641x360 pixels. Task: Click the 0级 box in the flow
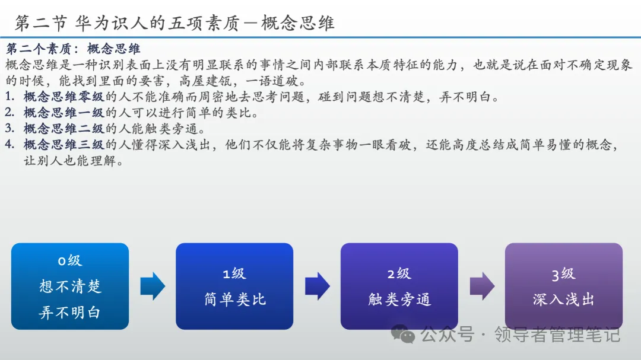(70, 286)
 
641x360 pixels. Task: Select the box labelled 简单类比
(234, 286)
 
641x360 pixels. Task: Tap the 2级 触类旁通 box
(399, 286)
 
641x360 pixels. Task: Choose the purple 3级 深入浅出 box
(563, 286)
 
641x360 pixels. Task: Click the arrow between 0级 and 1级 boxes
(153, 286)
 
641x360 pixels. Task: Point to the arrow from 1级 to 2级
(317, 286)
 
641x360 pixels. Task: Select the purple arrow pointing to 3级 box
(481, 286)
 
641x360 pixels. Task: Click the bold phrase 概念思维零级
(64, 97)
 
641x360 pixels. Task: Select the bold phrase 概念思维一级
(64, 113)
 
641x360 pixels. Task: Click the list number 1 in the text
(9, 97)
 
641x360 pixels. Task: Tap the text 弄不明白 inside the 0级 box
(70, 313)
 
